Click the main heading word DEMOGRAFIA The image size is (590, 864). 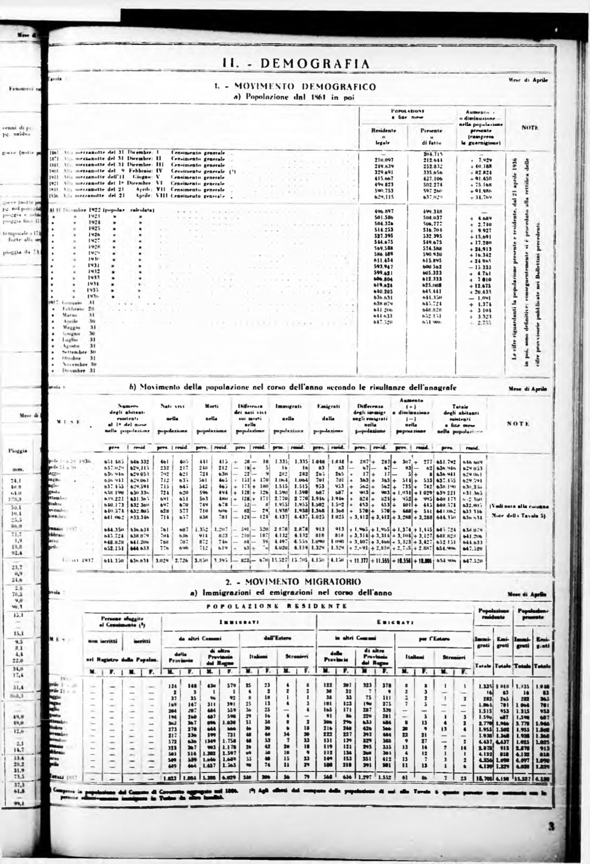[315, 64]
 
